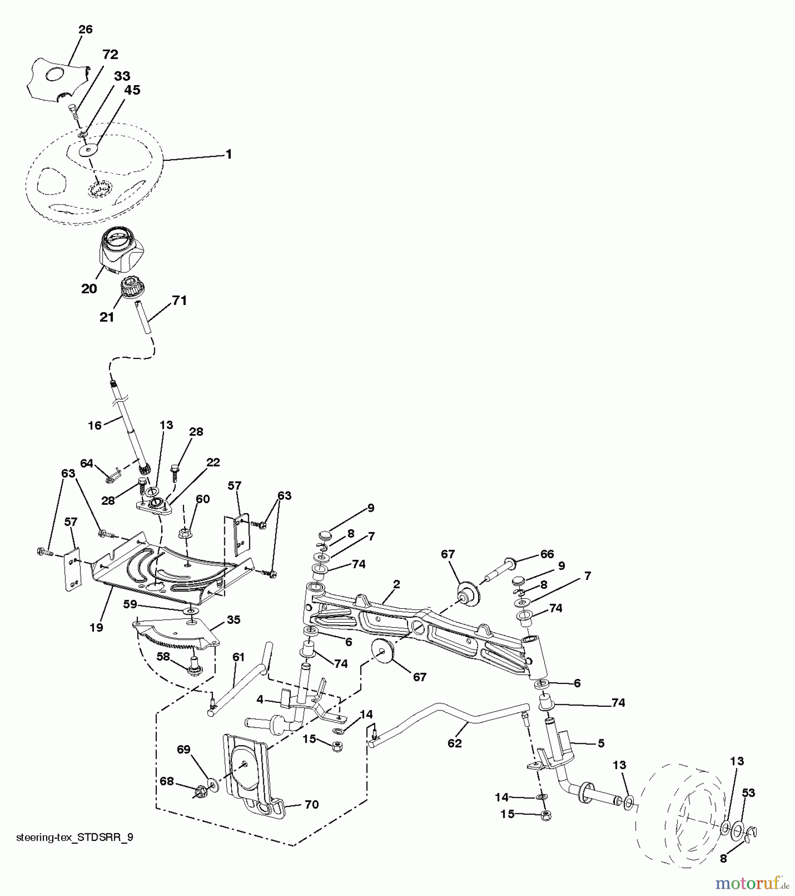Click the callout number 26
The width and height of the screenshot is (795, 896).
[x=86, y=29]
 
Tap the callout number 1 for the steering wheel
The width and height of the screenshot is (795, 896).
[x=228, y=154]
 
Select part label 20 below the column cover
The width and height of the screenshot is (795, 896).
[x=89, y=289]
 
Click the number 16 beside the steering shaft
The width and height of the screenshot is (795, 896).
[x=95, y=425]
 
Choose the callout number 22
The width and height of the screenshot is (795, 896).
[x=213, y=462]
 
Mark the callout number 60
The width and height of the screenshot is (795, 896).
[x=202, y=499]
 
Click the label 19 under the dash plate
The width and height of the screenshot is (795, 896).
[x=97, y=627]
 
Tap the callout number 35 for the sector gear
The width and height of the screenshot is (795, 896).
[x=233, y=620]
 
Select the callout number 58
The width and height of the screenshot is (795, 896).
[x=163, y=657]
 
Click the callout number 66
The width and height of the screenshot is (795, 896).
[x=547, y=554]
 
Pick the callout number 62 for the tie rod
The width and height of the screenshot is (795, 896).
[x=455, y=743]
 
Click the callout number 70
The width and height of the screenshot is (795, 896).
[x=311, y=804]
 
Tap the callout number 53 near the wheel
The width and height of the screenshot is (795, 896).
[x=748, y=793]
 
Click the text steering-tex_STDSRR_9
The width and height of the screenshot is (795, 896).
[x=75, y=837]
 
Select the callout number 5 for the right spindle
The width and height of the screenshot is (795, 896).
[x=601, y=743]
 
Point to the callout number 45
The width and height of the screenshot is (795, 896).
[x=133, y=90]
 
